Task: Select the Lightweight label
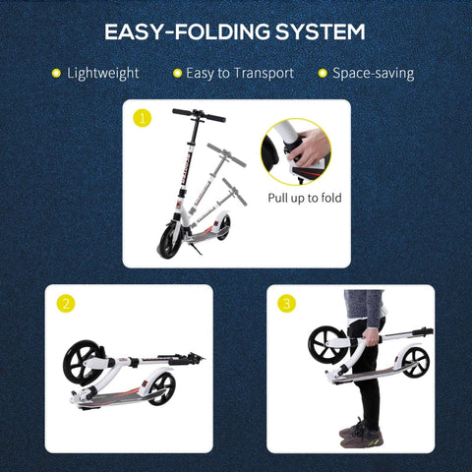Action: click(102, 73)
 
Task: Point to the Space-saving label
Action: click(372, 73)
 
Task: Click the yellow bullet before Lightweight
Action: click(56, 73)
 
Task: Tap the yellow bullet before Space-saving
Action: click(322, 73)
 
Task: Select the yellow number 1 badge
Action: click(144, 118)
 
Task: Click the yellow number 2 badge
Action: click(65, 304)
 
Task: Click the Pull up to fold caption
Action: click(305, 197)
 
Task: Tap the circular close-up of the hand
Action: click(295, 151)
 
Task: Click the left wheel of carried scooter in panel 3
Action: click(325, 345)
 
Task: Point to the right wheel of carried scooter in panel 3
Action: click(415, 361)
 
